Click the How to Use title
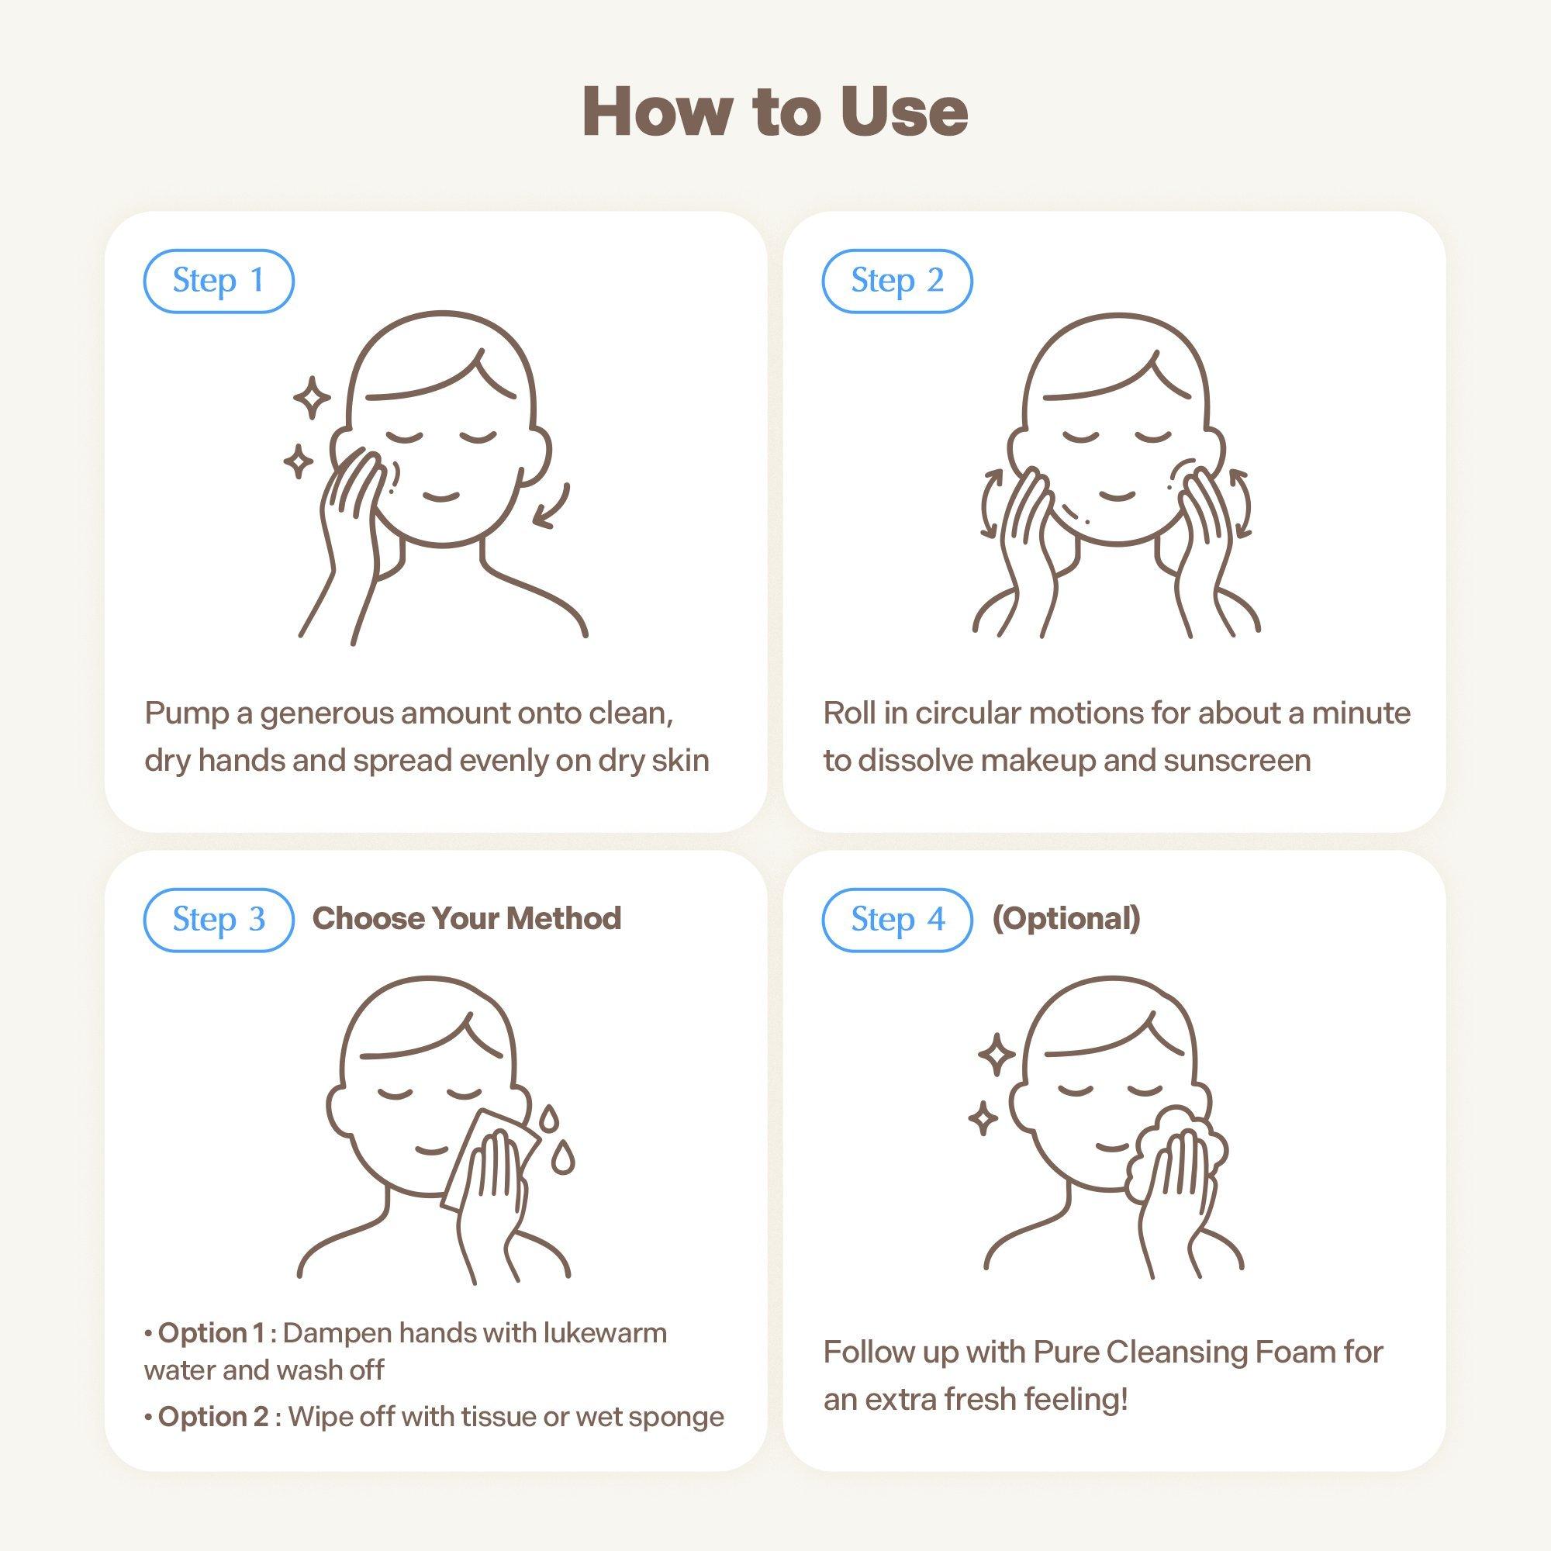coord(775,112)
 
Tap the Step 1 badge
coord(219,281)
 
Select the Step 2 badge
coord(896,281)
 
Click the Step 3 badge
coord(219,920)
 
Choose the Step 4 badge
coord(896,920)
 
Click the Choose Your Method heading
coord(466,918)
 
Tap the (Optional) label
coord(1066,918)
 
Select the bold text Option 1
coord(211,1333)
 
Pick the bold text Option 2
coord(213,1417)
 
